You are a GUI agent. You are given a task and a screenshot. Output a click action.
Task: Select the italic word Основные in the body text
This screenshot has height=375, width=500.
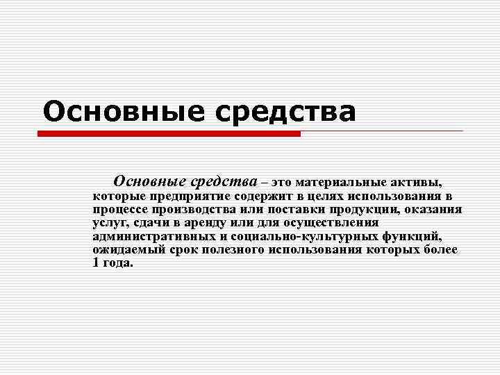[x=148, y=182]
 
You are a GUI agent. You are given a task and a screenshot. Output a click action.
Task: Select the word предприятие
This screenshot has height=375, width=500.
[x=182, y=197]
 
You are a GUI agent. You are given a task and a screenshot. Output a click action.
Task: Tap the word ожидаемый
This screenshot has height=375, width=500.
[x=126, y=249]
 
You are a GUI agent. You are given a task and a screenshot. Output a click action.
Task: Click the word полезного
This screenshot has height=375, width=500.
[x=231, y=249]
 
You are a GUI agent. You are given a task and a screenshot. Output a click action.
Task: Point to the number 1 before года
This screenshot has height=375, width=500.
[x=96, y=262]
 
